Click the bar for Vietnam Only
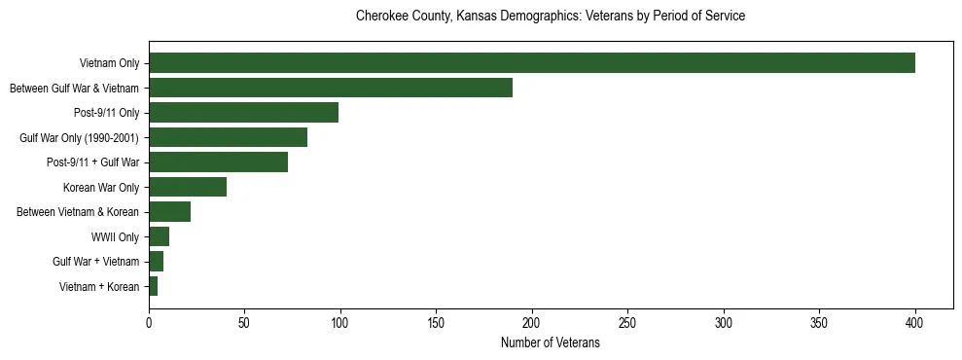[x=532, y=63]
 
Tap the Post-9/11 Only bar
[x=243, y=113]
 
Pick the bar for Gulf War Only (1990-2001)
[x=228, y=137]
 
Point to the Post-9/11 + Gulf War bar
[x=218, y=162]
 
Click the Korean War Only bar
[x=188, y=187]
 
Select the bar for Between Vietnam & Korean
[x=169, y=212]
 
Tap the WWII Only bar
[x=159, y=236]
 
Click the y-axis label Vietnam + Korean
[x=99, y=286]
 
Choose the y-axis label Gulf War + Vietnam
[x=95, y=262]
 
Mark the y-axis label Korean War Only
[x=101, y=187]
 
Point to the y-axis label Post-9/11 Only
[x=106, y=113]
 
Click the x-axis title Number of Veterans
[x=550, y=343]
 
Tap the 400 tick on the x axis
[x=915, y=323]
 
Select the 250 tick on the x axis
[x=627, y=323]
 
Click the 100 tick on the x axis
[x=340, y=323]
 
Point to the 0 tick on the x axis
[x=149, y=323]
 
